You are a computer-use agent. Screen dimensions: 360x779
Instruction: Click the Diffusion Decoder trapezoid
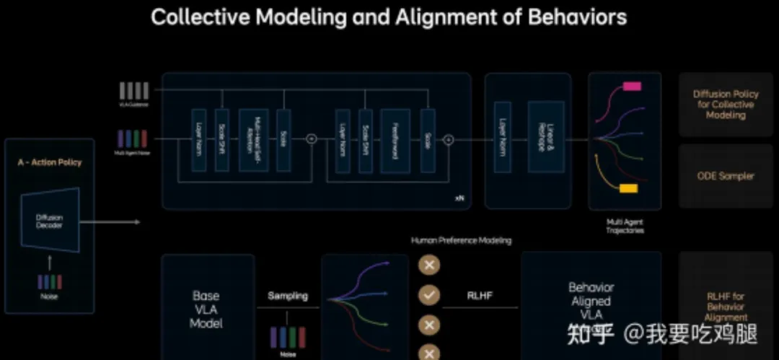pyautogui.click(x=50, y=221)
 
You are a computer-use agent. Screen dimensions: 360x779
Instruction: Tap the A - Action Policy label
pyautogui.click(x=50, y=162)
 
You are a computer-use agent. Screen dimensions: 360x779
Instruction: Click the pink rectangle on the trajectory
pyautogui.click(x=632, y=86)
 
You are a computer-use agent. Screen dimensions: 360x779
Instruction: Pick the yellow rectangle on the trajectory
pyautogui.click(x=628, y=189)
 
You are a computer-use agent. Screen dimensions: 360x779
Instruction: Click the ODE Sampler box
pyautogui.click(x=726, y=176)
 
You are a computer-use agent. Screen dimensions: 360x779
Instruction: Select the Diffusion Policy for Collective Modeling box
pyautogui.click(x=726, y=105)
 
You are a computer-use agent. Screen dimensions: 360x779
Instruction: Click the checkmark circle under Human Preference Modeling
pyautogui.click(x=430, y=295)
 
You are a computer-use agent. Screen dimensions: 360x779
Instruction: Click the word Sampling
pyautogui.click(x=288, y=296)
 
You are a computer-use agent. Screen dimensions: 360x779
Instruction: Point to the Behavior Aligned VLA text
pyautogui.click(x=591, y=302)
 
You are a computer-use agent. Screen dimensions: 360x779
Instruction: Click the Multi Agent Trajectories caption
pyautogui.click(x=625, y=227)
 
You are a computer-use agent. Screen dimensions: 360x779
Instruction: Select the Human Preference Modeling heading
pyautogui.click(x=461, y=240)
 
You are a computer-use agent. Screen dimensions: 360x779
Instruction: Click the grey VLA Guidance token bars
pyautogui.click(x=135, y=90)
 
